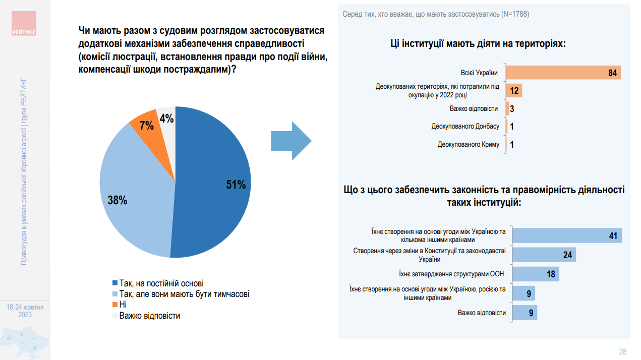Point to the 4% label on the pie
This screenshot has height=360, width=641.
[x=166, y=119]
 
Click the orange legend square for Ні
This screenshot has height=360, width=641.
[x=115, y=305]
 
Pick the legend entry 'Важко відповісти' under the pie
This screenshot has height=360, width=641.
[x=149, y=316]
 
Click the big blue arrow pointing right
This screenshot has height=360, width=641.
[x=291, y=141]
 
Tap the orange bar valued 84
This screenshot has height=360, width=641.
[x=563, y=73]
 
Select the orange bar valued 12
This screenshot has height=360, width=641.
[x=513, y=91]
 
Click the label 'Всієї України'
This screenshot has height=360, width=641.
[x=479, y=73]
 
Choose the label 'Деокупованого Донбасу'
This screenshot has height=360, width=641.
[x=465, y=127]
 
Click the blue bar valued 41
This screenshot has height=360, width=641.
[x=566, y=235]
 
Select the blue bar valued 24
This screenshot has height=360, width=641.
[x=544, y=255]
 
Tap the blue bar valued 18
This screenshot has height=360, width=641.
[x=535, y=274]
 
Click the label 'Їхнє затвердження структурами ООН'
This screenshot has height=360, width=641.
[x=450, y=274]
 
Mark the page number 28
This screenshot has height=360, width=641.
[x=622, y=351]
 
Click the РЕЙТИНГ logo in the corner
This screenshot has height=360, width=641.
[x=24, y=25]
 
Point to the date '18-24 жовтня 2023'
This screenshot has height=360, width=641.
[x=25, y=311]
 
